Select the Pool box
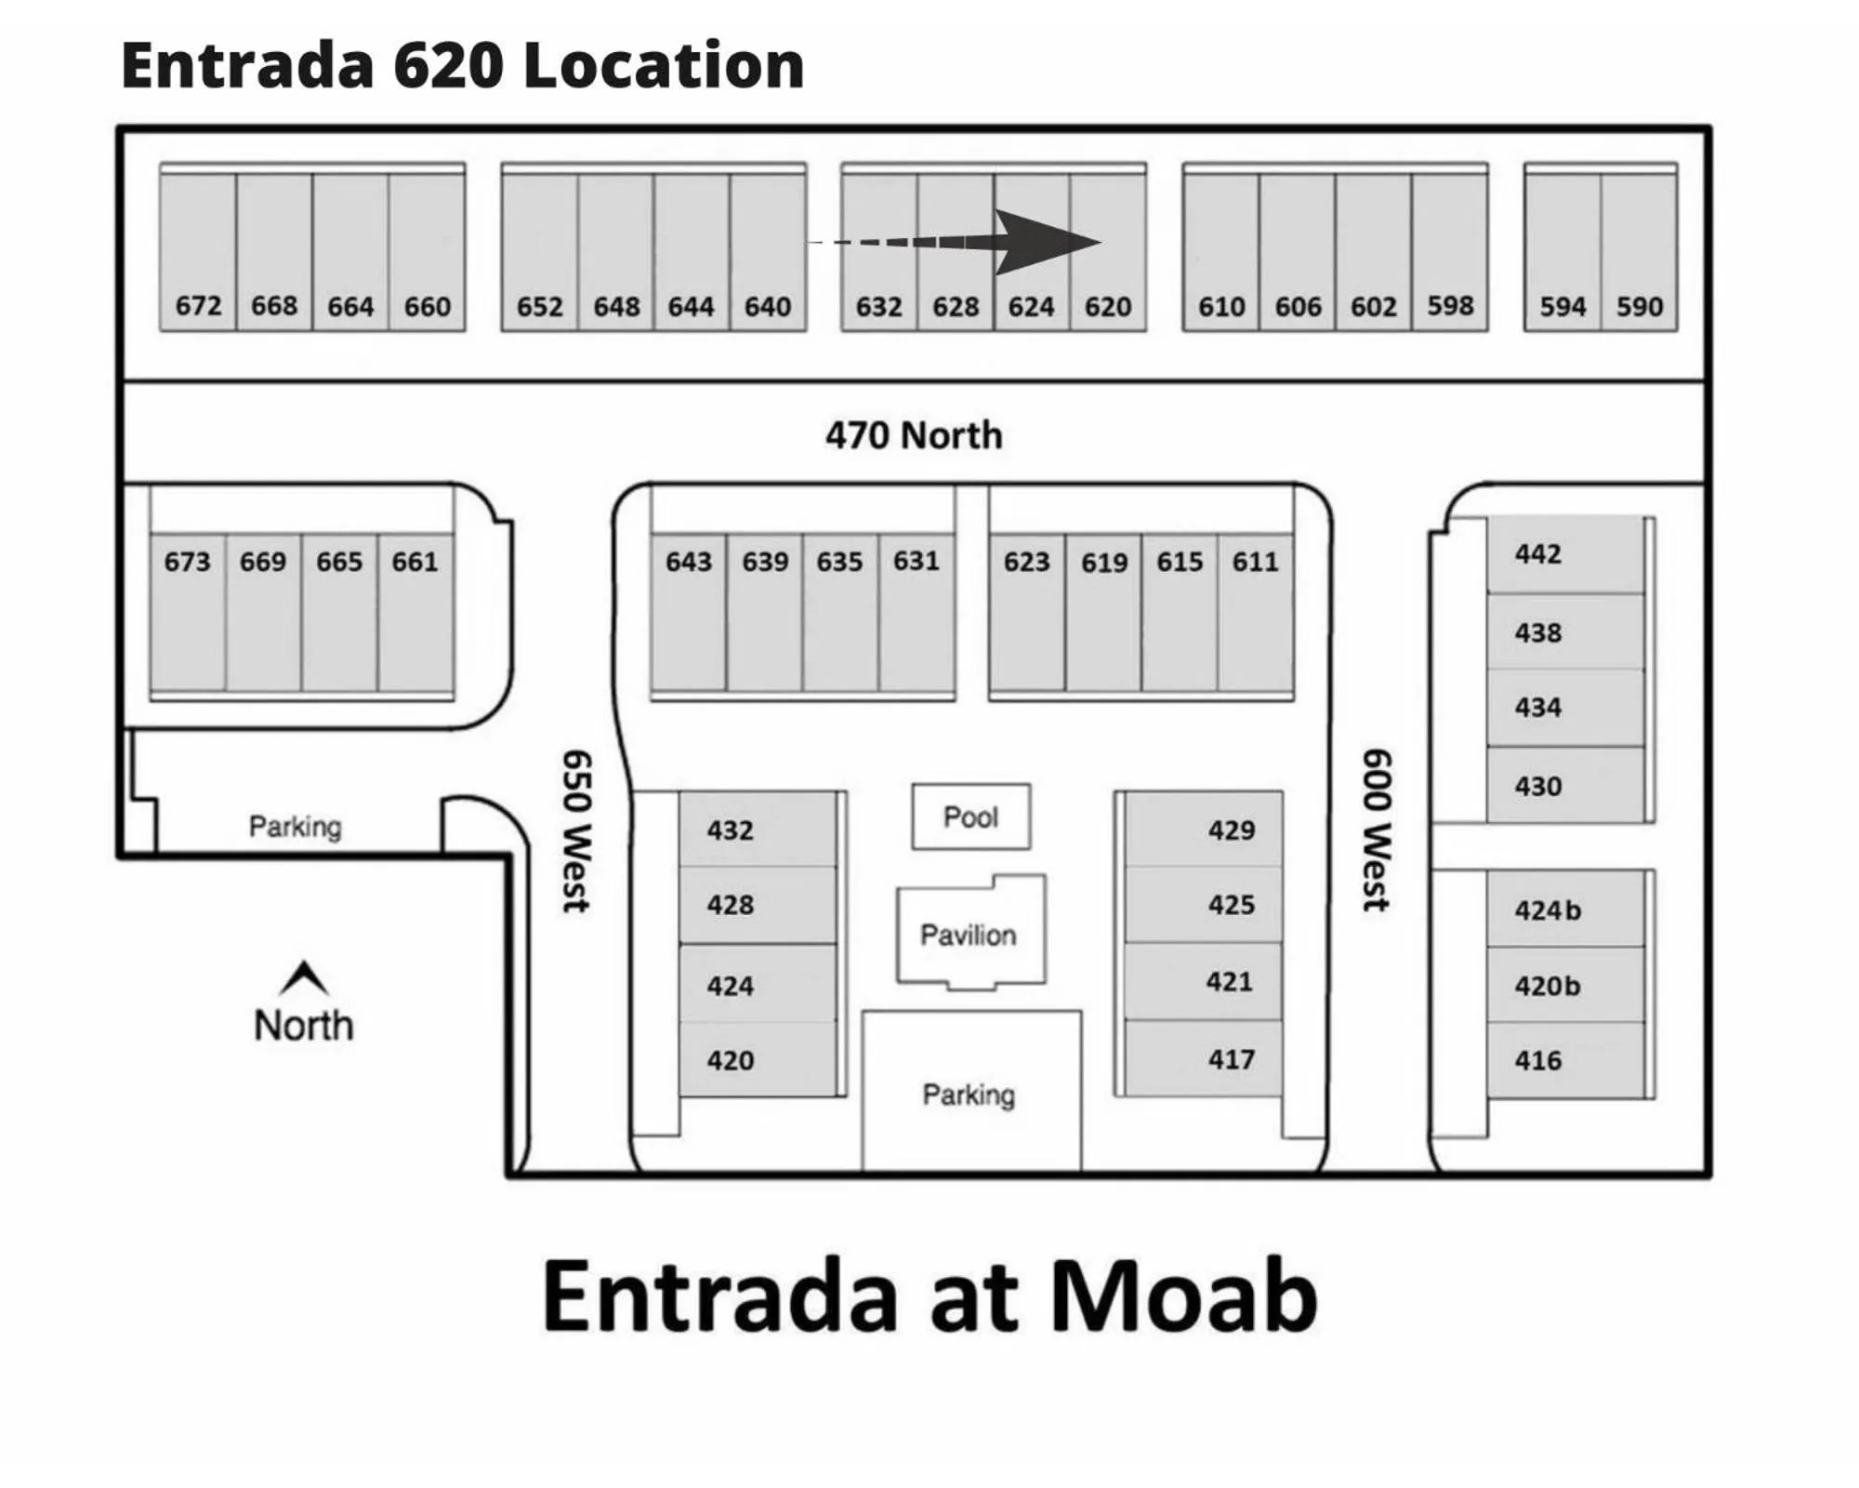(970, 817)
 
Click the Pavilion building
(969, 933)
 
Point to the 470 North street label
(914, 435)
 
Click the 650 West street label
(576, 830)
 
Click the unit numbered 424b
(1565, 909)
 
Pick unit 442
(1564, 554)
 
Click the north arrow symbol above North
(304, 976)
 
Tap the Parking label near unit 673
(296, 826)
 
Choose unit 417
(1204, 1058)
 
